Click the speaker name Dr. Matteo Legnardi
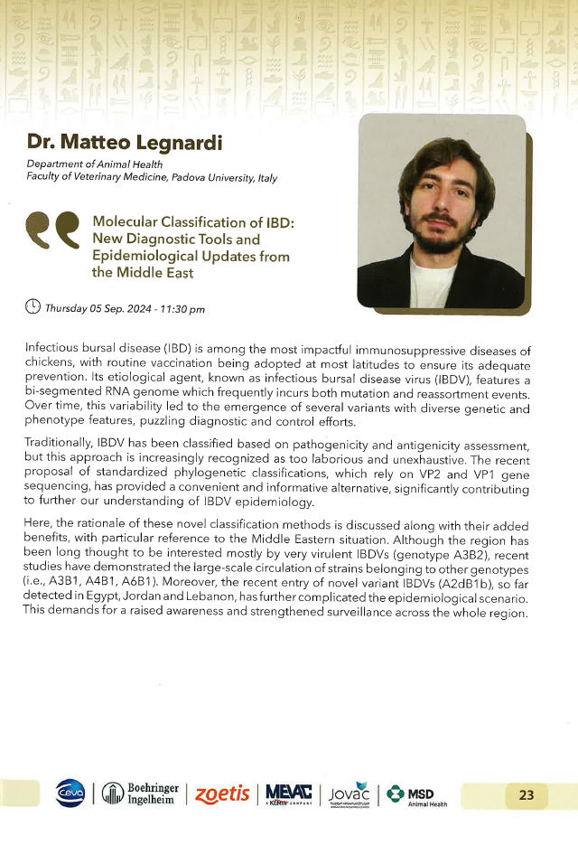point(107,142)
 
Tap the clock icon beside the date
point(33,307)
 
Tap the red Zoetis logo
point(221,794)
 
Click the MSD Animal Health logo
point(418,794)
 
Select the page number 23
point(527,795)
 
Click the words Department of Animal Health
point(95,164)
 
